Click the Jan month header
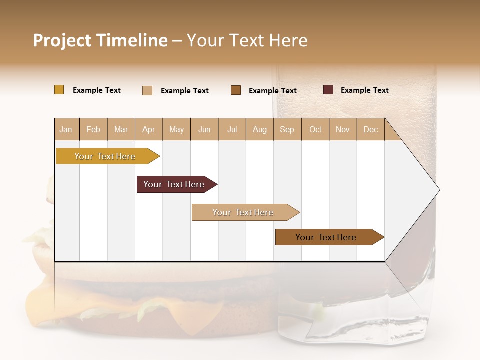click(x=66, y=129)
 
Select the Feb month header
click(x=93, y=129)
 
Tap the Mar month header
click(x=121, y=129)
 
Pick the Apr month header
click(x=149, y=129)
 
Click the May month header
click(x=176, y=129)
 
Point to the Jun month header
click(x=204, y=129)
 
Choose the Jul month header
click(x=232, y=129)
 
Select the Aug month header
click(x=259, y=129)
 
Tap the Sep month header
click(x=287, y=129)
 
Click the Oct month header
click(x=315, y=129)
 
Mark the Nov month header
click(x=343, y=129)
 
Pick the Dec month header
click(x=370, y=129)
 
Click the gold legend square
click(x=59, y=90)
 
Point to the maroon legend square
click(x=328, y=90)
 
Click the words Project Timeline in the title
click(x=100, y=40)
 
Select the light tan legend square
click(x=147, y=90)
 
